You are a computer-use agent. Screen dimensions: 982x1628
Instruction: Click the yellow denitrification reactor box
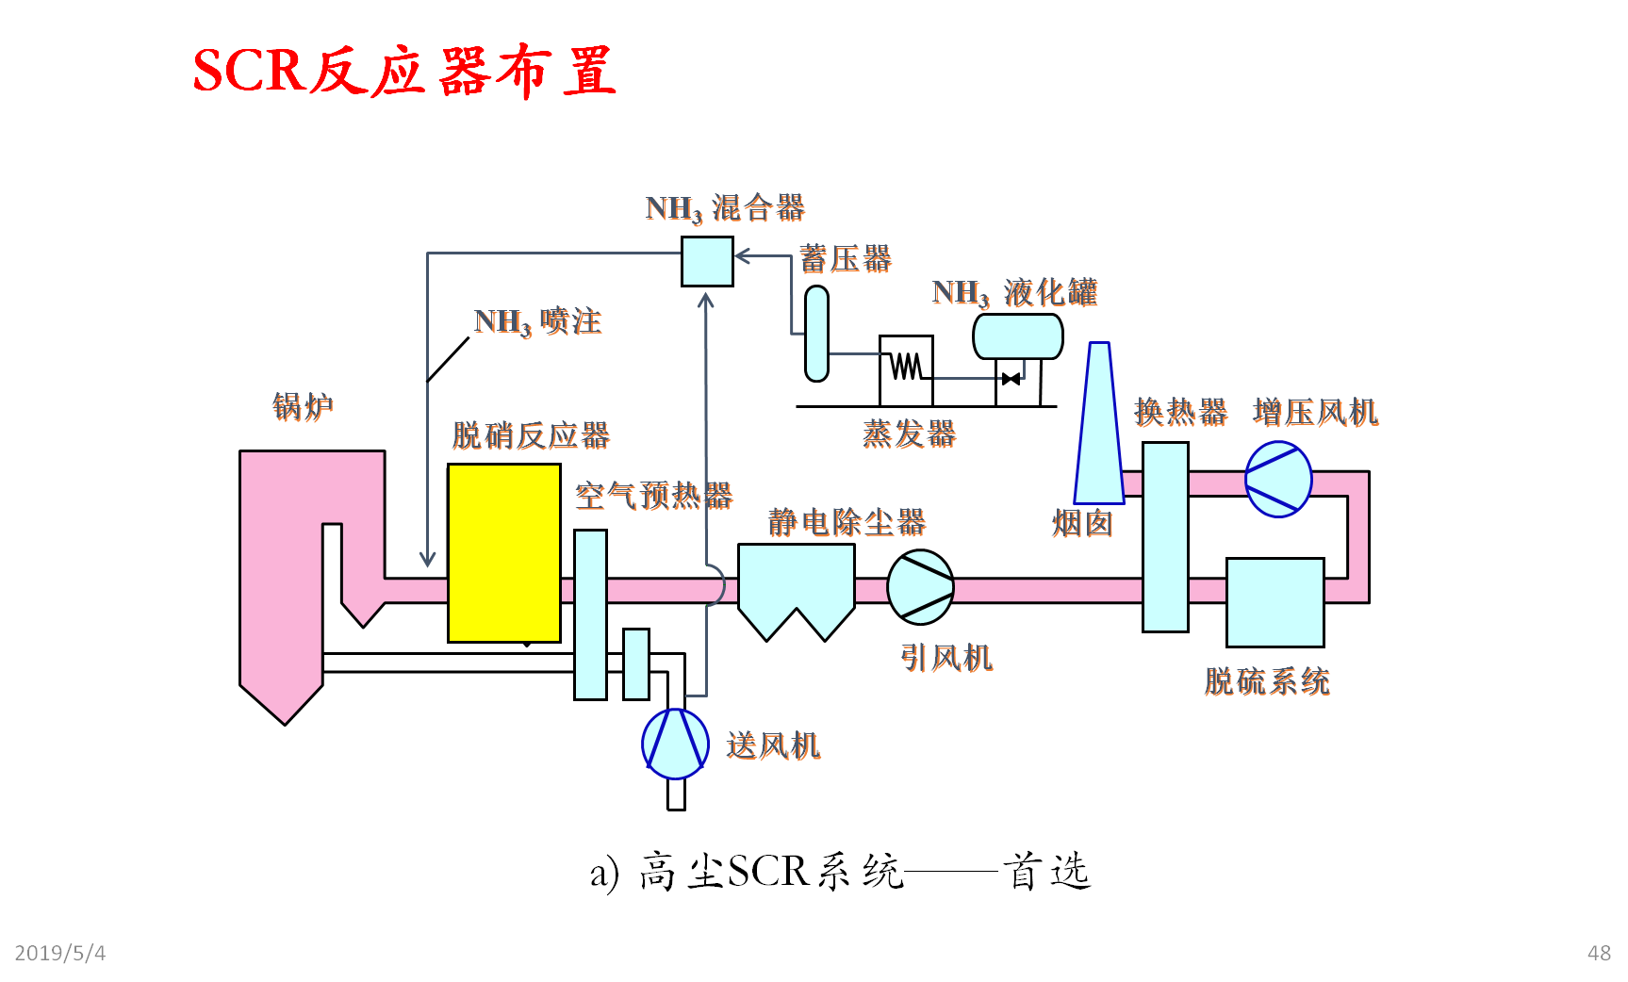[x=504, y=553]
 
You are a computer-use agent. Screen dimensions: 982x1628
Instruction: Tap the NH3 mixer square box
[x=707, y=261]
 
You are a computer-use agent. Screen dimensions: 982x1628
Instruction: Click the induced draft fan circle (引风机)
[x=921, y=587]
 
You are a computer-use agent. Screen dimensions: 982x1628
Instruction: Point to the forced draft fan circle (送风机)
[x=675, y=744]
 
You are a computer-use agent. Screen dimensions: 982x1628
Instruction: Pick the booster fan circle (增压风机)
[x=1278, y=479]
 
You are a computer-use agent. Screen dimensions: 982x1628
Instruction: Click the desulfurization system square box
[x=1274, y=602]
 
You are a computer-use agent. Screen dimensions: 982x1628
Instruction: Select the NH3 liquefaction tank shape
[x=1018, y=336]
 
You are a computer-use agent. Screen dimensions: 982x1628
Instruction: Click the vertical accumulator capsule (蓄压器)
[x=816, y=334]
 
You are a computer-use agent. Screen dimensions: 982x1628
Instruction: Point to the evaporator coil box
[x=906, y=369]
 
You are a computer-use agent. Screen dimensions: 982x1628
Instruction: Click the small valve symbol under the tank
[x=1011, y=379]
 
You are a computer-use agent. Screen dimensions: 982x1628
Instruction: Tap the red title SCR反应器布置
[x=404, y=72]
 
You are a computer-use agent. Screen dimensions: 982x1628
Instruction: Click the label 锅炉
[x=303, y=406]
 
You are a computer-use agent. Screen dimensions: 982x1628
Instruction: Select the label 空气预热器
[x=653, y=495]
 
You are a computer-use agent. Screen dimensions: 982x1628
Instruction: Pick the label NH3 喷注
[x=537, y=321]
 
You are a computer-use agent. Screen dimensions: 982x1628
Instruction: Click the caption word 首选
[x=1046, y=871]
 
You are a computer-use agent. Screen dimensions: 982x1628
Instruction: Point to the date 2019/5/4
[x=60, y=953]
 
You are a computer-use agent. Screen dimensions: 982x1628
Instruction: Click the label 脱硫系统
[x=1267, y=680]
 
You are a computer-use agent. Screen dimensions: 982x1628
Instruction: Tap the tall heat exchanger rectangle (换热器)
[x=1165, y=536]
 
